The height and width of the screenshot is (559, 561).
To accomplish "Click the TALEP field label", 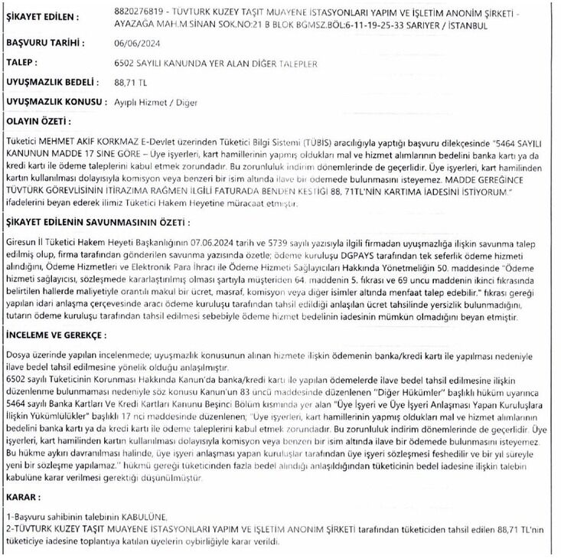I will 22,63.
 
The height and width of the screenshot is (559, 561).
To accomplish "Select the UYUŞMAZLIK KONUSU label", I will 54,101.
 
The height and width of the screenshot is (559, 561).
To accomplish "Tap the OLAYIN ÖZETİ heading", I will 38,121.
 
